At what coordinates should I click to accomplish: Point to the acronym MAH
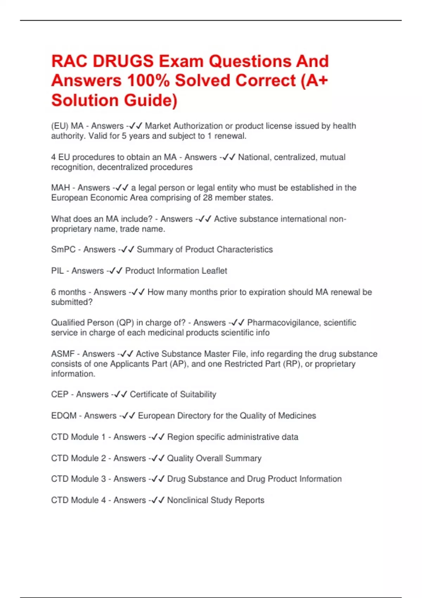click(60, 188)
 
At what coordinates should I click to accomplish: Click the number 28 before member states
click(207, 198)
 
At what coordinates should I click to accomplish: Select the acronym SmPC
click(63, 250)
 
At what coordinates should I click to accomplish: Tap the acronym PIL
click(57, 271)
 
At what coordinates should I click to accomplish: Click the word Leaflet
click(214, 271)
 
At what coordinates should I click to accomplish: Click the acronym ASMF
click(63, 354)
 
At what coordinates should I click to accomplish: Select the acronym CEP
click(59, 394)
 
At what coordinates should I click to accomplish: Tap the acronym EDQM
click(64, 416)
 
